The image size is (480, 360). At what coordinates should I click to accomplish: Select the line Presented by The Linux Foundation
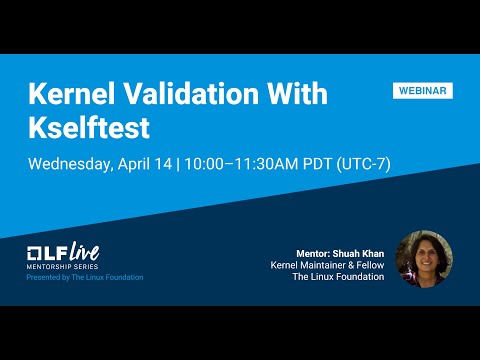tap(85, 277)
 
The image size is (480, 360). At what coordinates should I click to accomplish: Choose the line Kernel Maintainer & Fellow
tap(327, 265)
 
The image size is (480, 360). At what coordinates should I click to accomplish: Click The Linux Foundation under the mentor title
tap(338, 277)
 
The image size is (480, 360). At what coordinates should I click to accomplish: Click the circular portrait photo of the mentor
tap(424, 259)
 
